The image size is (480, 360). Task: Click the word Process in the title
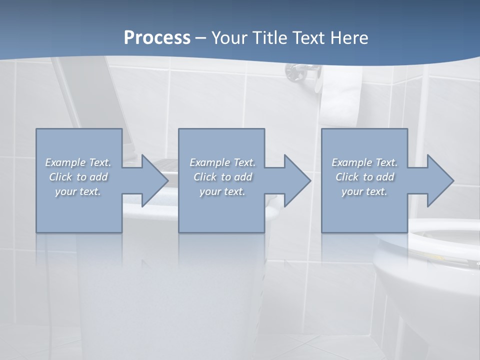tap(157, 38)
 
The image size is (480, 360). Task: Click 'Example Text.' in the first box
tap(78, 162)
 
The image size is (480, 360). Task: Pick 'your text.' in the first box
tap(78, 191)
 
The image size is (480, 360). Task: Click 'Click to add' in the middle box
tap(222, 177)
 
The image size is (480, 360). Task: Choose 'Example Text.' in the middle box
tap(222, 162)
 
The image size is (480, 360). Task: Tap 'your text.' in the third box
tap(364, 191)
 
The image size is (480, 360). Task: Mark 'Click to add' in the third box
tap(364, 177)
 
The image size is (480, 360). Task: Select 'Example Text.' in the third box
tap(364, 162)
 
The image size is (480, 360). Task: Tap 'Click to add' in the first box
tap(78, 177)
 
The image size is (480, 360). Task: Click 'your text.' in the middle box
tap(222, 191)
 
